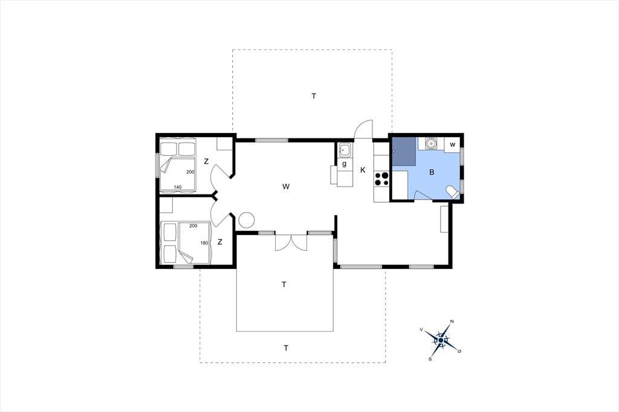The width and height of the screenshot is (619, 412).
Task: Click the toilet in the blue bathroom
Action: tap(452, 193)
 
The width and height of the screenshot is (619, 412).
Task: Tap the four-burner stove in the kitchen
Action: tap(382, 178)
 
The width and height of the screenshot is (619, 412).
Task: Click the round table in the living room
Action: tap(247, 220)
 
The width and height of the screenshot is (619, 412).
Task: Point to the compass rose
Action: tap(441, 340)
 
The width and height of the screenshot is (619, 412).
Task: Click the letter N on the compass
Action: tap(452, 321)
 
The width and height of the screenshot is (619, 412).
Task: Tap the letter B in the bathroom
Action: tap(432, 172)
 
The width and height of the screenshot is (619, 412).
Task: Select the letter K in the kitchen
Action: tap(363, 170)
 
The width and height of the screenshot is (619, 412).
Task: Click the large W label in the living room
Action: tap(286, 186)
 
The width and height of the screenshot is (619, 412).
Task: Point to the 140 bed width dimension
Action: tap(178, 187)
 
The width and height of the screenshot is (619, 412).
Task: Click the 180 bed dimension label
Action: tap(204, 243)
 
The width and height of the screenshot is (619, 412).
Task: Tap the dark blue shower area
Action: tap(404, 151)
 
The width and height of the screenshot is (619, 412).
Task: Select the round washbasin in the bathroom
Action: tap(430, 143)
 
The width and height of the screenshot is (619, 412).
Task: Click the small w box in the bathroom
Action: tap(452, 145)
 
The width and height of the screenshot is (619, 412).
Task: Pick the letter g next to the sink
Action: tap(344, 164)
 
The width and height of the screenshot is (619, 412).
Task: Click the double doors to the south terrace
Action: tap(291, 242)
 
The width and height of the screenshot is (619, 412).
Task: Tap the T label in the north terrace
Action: tap(314, 96)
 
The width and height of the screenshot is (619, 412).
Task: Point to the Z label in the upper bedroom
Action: tap(206, 161)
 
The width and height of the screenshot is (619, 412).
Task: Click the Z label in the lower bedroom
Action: tap(220, 242)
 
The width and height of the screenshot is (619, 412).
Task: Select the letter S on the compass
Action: tap(430, 359)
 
